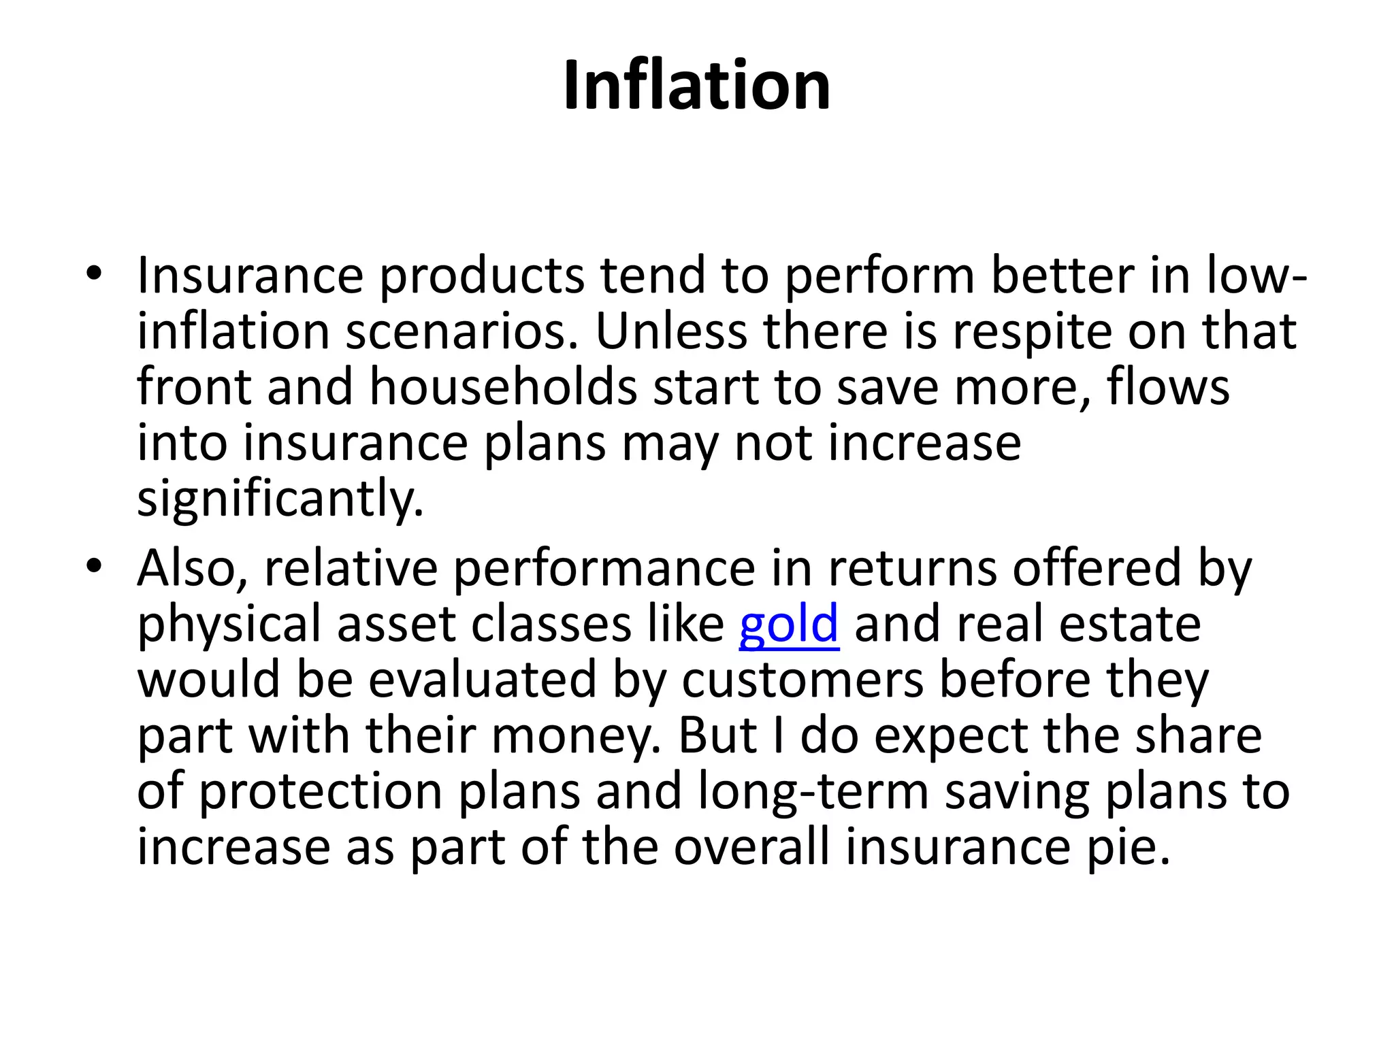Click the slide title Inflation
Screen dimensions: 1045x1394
click(x=696, y=85)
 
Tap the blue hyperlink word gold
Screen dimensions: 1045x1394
click(x=788, y=624)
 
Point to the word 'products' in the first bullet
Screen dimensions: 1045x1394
click(x=481, y=276)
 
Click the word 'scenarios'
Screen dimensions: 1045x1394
click(x=461, y=332)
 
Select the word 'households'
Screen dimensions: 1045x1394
click(x=503, y=387)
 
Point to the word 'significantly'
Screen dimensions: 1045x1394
click(x=280, y=499)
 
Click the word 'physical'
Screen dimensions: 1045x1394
click(x=229, y=625)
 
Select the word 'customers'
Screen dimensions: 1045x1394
click(x=803, y=680)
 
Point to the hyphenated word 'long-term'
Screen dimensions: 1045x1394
click(x=813, y=792)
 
